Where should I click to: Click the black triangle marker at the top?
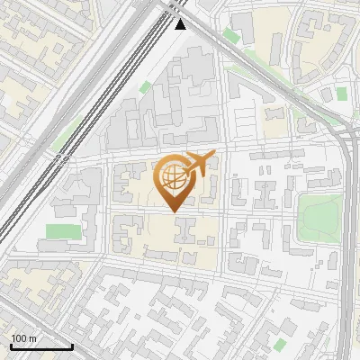[x=181, y=24]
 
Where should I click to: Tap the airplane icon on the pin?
[x=199, y=163]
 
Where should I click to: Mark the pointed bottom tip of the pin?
[x=175, y=211]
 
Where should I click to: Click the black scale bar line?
[x=40, y=346]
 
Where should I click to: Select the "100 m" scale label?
[x=23, y=338]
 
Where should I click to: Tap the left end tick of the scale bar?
[x=10, y=345]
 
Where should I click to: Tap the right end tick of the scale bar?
[x=72, y=345]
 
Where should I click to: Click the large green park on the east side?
[x=319, y=216]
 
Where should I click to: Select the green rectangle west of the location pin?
[x=63, y=231]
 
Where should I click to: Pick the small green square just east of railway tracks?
[x=145, y=87]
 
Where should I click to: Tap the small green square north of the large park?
[x=341, y=94]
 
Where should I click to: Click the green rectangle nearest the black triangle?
[x=231, y=36]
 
